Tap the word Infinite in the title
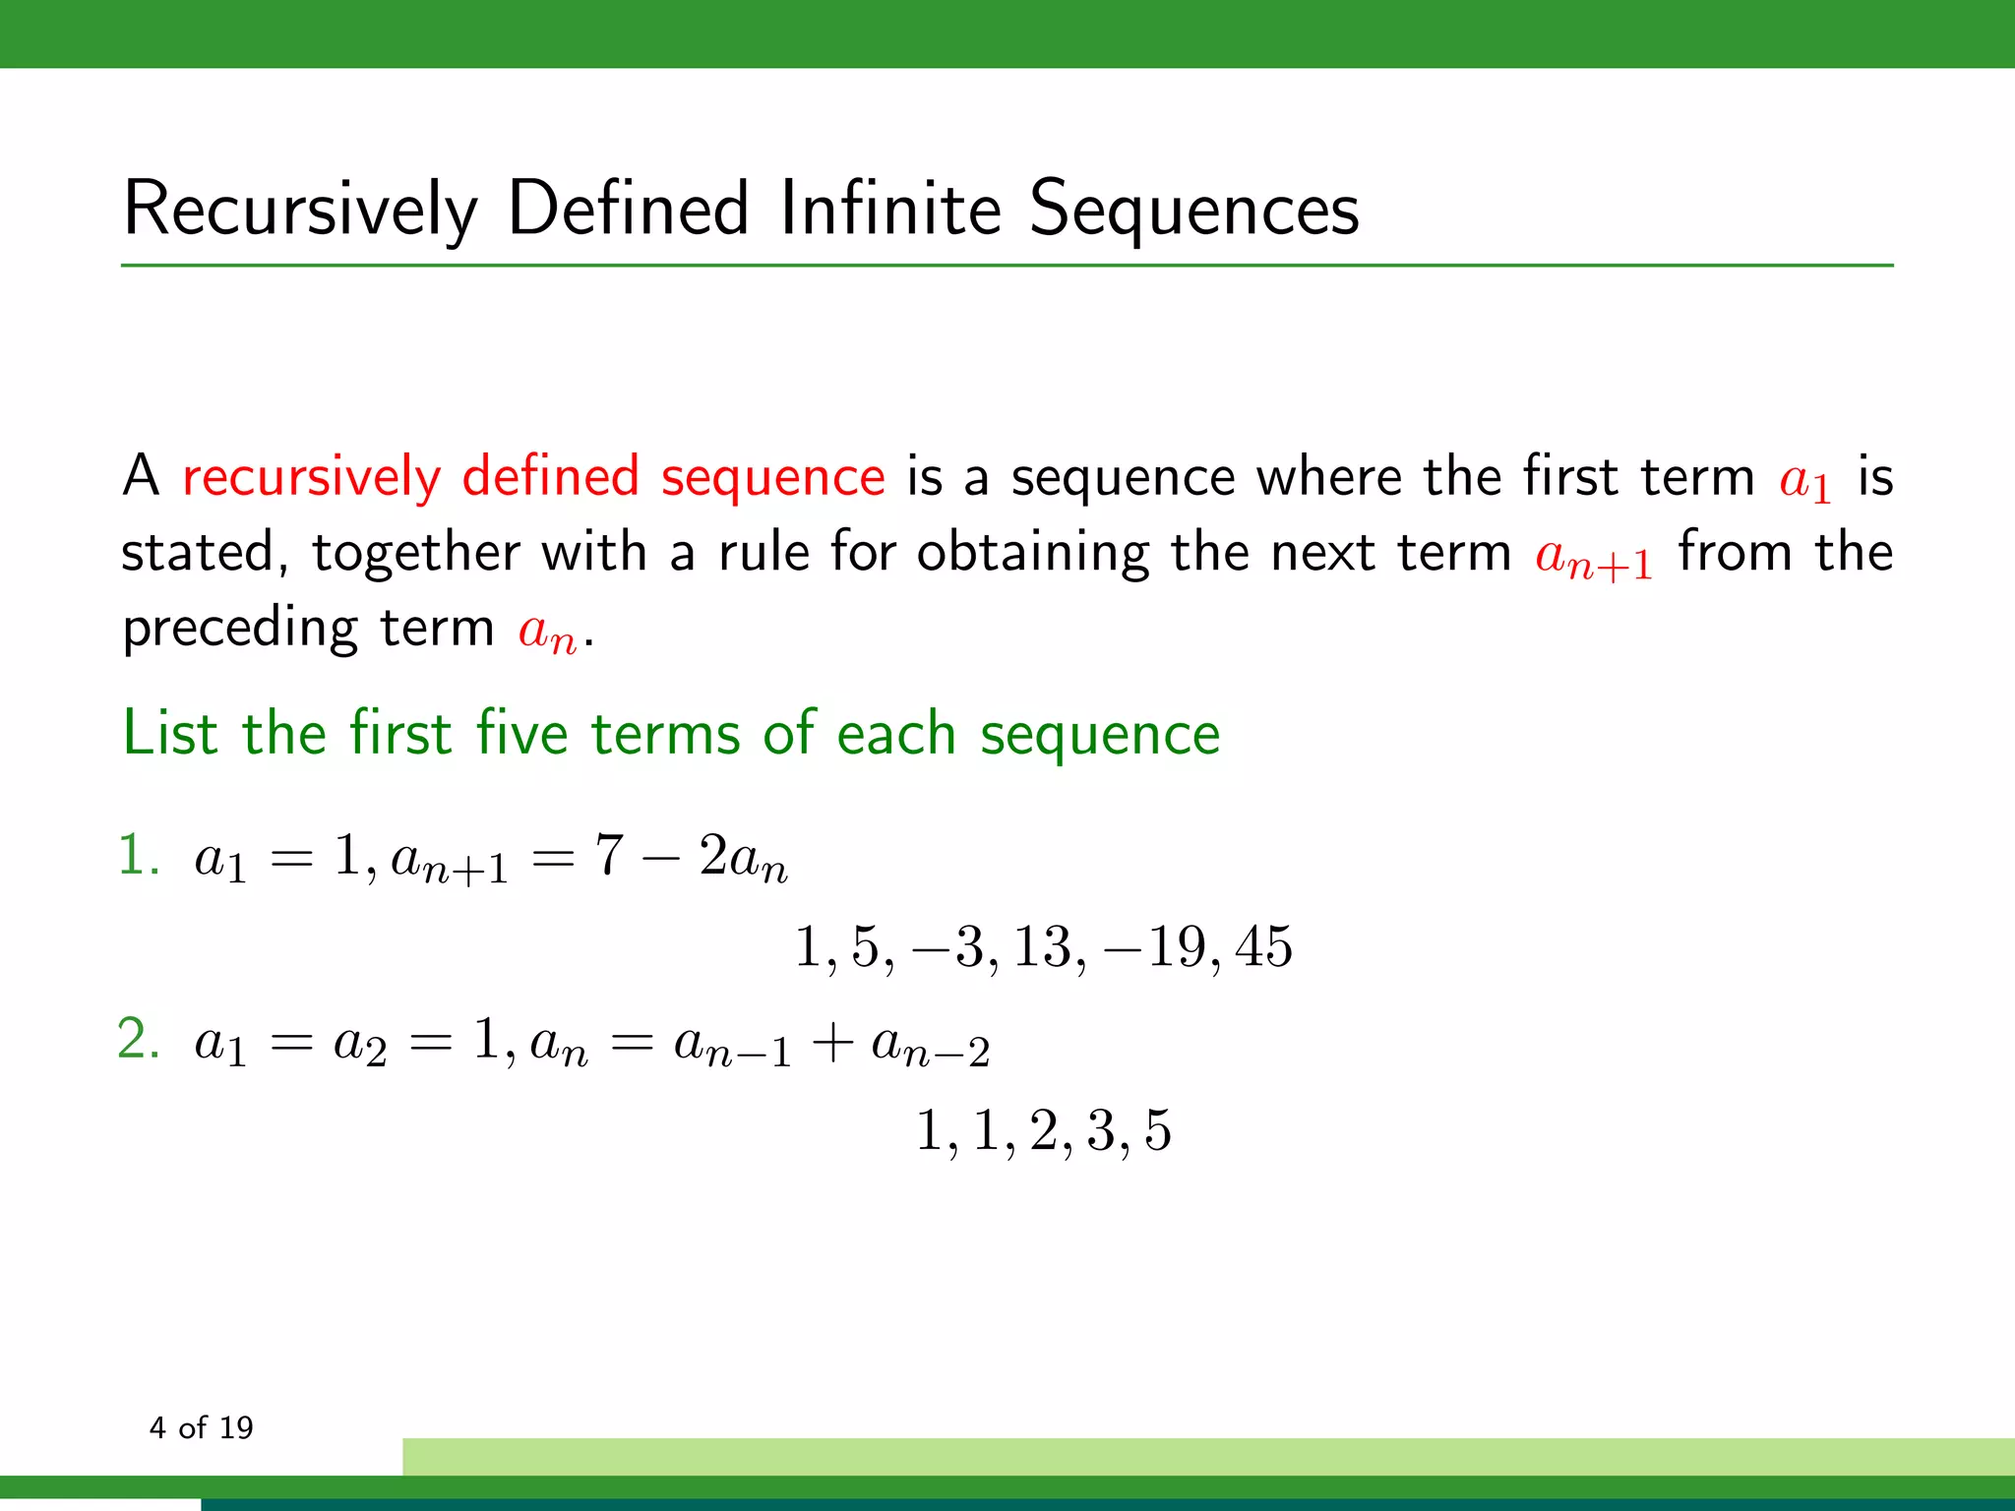890,209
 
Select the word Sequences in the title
1193,211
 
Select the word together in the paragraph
415,553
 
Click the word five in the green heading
521,734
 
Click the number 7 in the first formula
609,854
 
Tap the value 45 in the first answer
1263,947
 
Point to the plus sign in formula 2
831,1043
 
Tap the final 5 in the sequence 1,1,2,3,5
1158,1131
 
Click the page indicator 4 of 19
201,1427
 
